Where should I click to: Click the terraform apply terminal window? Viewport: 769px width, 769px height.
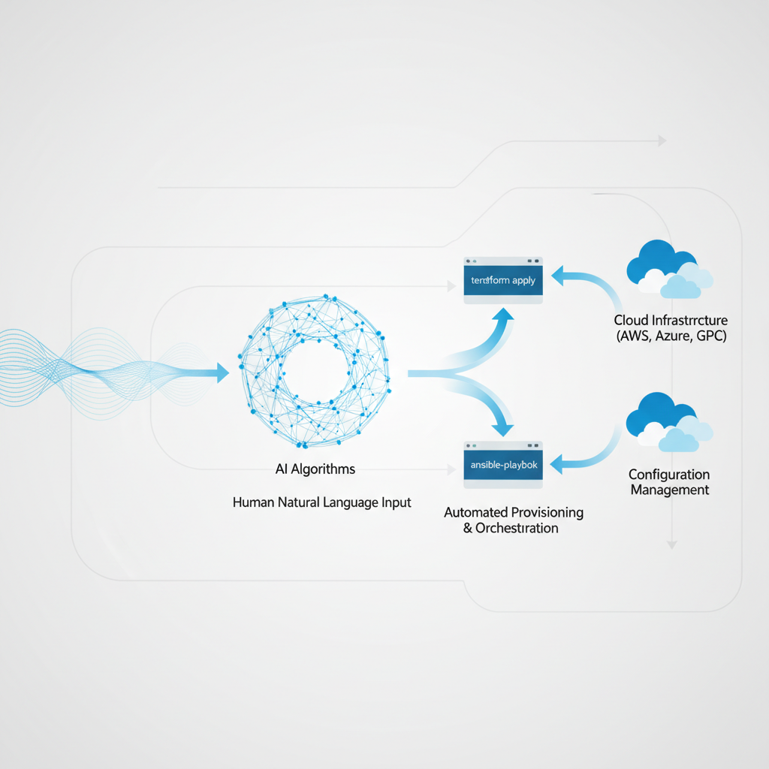(503, 280)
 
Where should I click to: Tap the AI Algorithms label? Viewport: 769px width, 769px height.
(315, 469)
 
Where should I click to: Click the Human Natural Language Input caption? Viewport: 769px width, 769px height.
(322, 502)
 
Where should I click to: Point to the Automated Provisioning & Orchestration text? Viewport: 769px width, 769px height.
(514, 520)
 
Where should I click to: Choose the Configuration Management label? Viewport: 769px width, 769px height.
(669, 482)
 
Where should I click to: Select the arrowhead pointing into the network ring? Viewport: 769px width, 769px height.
(222, 372)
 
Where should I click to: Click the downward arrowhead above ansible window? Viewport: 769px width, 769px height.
(504, 427)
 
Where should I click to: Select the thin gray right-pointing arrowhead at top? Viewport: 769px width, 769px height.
(662, 140)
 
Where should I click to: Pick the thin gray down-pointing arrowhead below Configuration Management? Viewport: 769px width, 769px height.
(672, 544)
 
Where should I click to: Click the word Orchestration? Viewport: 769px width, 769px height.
(517, 528)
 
